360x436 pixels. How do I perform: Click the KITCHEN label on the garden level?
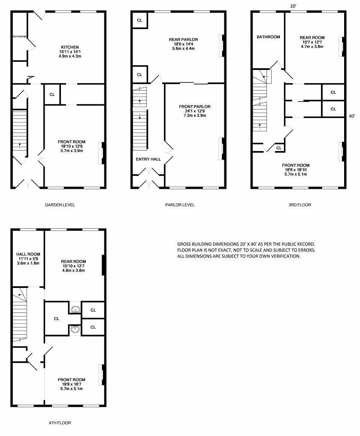pos(70,47)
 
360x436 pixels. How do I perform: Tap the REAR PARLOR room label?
pos(184,39)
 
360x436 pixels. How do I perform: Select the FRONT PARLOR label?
pos(195,106)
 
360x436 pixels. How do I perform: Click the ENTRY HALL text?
pos(148,159)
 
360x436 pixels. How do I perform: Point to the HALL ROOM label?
pos(28,254)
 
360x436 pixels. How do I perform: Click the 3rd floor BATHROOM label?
pos(268,37)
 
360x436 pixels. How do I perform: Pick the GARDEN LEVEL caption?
pos(60,205)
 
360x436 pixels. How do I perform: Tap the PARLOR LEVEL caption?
pos(180,205)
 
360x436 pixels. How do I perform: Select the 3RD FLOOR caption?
pos(299,205)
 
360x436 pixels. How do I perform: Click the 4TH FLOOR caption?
pos(60,423)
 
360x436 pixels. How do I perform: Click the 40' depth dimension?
pos(352,116)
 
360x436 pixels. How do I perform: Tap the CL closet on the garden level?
pos(52,94)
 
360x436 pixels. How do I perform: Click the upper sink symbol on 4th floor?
pos(75,309)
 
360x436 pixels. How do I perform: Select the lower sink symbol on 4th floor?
pos(75,329)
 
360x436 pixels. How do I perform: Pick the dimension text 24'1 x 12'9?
pos(195,111)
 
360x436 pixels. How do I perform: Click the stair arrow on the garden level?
pos(20,146)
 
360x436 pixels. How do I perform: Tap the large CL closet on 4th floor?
pos(57,319)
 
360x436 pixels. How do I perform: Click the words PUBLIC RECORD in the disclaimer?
pos(301,244)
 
